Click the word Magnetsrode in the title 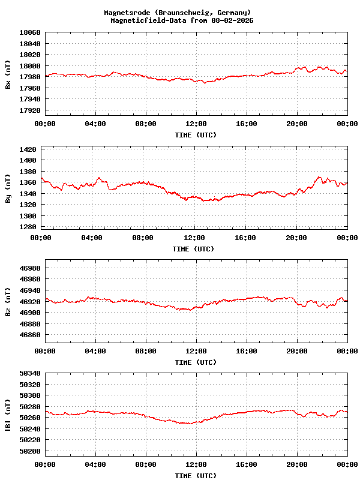click(125, 13)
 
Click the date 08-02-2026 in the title click(230, 20)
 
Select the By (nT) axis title click(8, 188)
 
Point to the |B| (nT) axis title click(8, 415)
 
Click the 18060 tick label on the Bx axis click(30, 32)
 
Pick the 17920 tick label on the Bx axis click(30, 110)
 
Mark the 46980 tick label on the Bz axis click(30, 268)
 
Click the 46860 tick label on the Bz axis click(30, 335)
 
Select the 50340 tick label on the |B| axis click(30, 374)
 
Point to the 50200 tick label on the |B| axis click(30, 451)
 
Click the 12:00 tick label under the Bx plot click(196, 124)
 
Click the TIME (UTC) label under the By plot click(193, 249)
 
